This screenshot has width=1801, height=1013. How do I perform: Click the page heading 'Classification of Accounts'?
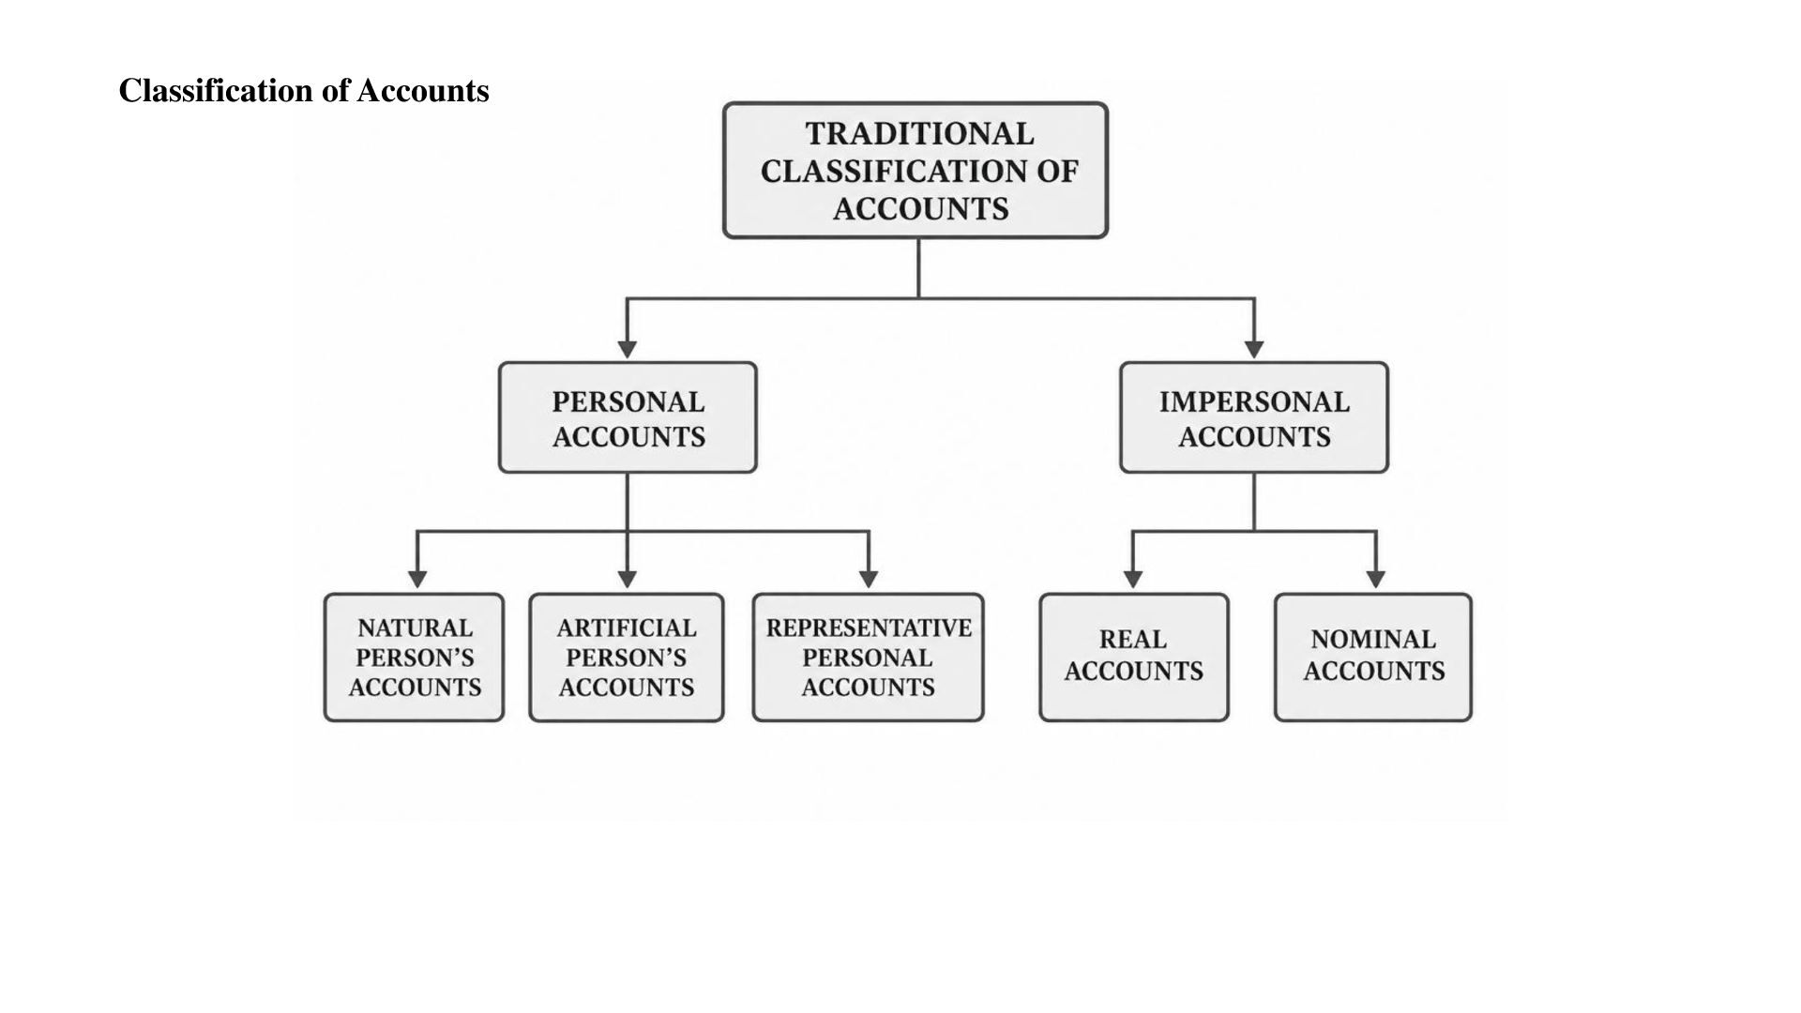tap(304, 91)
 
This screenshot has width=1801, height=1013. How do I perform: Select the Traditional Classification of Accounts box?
tap(916, 170)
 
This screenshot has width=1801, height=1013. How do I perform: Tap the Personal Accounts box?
tap(628, 417)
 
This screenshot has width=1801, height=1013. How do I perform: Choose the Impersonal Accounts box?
tap(1254, 417)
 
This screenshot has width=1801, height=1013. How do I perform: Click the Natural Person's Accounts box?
tap(414, 658)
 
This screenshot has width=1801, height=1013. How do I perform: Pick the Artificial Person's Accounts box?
tap(627, 658)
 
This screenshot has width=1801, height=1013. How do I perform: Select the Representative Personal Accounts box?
tap(869, 658)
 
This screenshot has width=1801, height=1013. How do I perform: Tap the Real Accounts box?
tap(1134, 658)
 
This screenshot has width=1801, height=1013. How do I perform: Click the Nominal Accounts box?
tap(1373, 658)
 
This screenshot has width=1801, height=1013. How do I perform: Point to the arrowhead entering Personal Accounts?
tap(628, 350)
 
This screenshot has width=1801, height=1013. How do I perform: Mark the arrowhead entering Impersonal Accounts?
tap(1254, 350)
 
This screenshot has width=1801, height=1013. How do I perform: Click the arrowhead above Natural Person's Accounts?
tap(417, 580)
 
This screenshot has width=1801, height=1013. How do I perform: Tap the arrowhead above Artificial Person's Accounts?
tap(628, 580)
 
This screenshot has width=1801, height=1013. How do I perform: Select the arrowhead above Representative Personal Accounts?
tap(869, 580)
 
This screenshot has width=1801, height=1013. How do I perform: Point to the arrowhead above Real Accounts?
tap(1133, 580)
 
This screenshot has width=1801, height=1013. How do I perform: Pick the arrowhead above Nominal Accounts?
tap(1376, 580)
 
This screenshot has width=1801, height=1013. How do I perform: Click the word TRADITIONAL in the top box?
tap(919, 134)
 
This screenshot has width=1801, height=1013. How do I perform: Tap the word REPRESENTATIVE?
tap(869, 627)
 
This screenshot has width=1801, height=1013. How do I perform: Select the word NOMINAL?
tap(1373, 640)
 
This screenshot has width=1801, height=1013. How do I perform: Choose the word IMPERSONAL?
tap(1254, 402)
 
